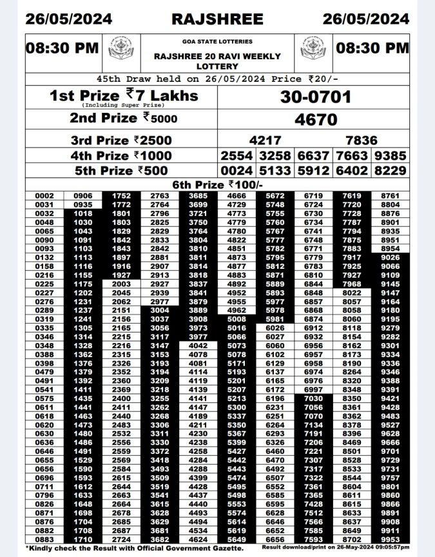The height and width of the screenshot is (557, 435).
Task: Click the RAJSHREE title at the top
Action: click(x=217, y=18)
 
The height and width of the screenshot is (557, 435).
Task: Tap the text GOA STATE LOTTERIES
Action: click(x=217, y=41)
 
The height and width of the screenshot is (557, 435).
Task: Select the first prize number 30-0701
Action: click(x=315, y=97)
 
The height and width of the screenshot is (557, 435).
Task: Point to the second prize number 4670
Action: click(x=315, y=120)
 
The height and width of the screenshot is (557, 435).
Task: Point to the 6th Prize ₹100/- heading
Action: click(x=218, y=185)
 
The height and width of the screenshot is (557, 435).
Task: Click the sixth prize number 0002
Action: click(x=44, y=195)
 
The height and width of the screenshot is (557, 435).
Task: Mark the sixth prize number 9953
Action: click(x=390, y=539)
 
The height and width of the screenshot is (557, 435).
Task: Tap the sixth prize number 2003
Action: click(x=121, y=284)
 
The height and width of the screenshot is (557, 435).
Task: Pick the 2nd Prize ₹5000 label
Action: click(x=123, y=119)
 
